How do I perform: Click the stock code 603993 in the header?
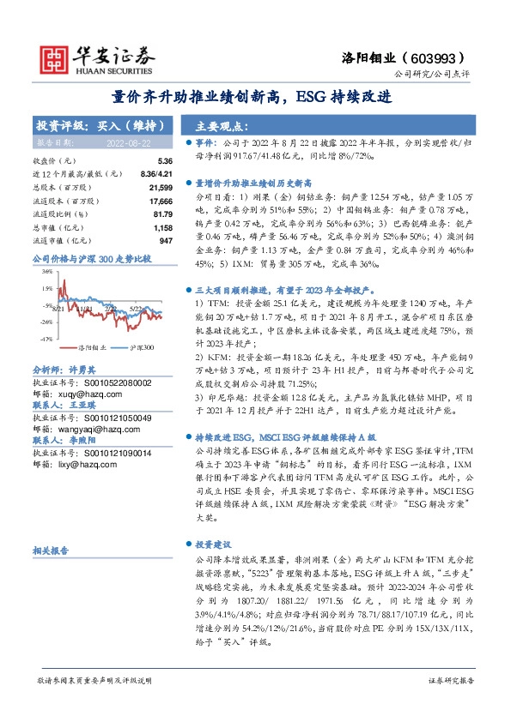441,57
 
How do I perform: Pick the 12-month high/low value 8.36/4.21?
154,173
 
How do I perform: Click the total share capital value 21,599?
161,186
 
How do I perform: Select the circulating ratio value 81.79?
162,214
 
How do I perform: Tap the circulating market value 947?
166,241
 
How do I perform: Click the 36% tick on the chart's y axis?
46,270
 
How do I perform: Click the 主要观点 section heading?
218,124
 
